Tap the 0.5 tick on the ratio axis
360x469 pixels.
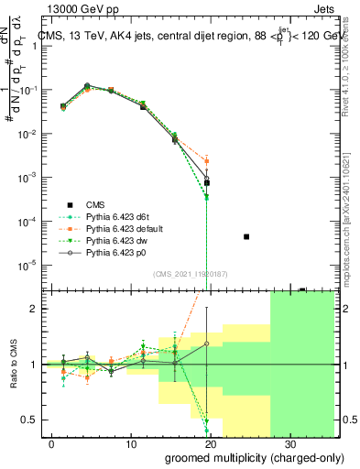[29, 420]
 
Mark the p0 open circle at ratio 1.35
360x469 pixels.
[207, 344]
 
